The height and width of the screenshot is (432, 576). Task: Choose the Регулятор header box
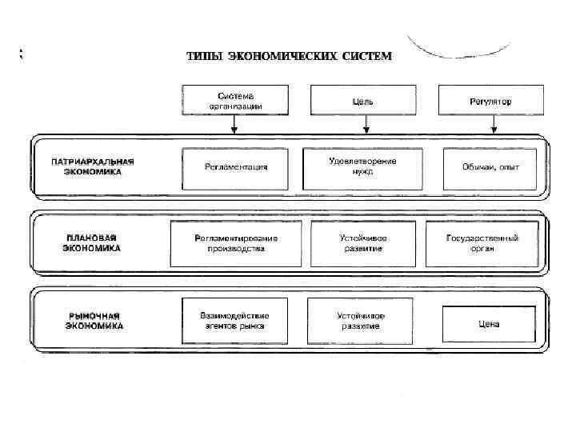(x=490, y=102)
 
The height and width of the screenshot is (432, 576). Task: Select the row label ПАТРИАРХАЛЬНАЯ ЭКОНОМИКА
(x=93, y=166)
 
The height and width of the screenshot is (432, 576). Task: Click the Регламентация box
(x=235, y=167)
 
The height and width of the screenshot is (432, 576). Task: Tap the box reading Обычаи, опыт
(x=490, y=167)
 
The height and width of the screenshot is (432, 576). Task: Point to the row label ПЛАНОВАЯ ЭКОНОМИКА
(x=91, y=243)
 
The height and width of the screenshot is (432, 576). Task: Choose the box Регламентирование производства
(x=235, y=243)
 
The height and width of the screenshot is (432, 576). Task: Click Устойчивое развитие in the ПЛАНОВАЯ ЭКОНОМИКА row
(x=362, y=243)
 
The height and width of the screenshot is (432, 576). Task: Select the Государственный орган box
(x=482, y=243)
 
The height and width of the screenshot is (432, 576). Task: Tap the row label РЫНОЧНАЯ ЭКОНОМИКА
(x=94, y=321)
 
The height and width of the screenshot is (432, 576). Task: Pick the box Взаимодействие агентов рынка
(x=234, y=321)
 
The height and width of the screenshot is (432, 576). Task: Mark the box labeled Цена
(x=489, y=322)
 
